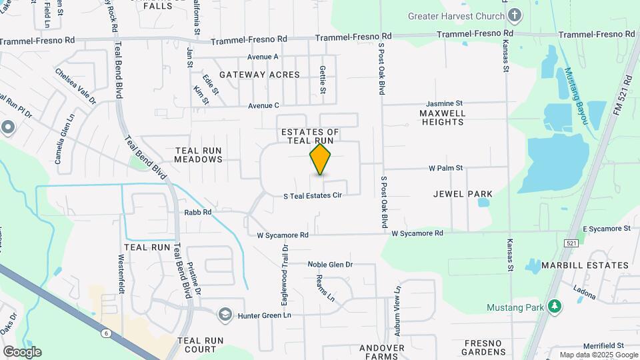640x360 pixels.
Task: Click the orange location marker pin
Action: click(321, 159)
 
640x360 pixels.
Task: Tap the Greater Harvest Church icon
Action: click(514, 15)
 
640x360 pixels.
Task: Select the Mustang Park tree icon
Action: click(554, 306)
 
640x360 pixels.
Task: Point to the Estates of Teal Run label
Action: click(310, 137)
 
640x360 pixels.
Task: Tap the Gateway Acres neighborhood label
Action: click(259, 75)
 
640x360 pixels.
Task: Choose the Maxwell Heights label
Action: click(442, 117)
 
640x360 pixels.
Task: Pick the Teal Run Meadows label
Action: click(198, 155)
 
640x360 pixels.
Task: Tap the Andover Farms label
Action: click(382, 352)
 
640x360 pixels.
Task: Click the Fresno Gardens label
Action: click(487, 347)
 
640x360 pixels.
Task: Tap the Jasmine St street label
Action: click(444, 104)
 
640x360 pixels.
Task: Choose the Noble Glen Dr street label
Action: click(329, 265)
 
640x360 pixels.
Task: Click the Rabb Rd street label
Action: click(198, 212)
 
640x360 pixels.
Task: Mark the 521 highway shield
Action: click(571, 243)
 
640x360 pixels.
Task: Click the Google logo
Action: click(22, 352)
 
